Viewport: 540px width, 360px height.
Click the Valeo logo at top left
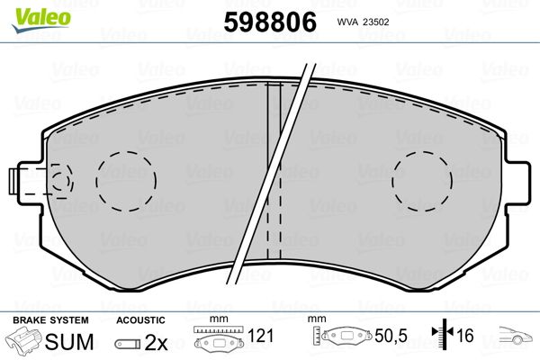41,20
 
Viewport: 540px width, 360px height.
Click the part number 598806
270,22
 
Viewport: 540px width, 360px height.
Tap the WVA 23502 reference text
363,22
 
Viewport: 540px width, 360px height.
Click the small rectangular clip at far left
13,181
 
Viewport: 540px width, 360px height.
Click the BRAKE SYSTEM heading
50,320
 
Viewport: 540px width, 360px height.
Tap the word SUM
69,342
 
